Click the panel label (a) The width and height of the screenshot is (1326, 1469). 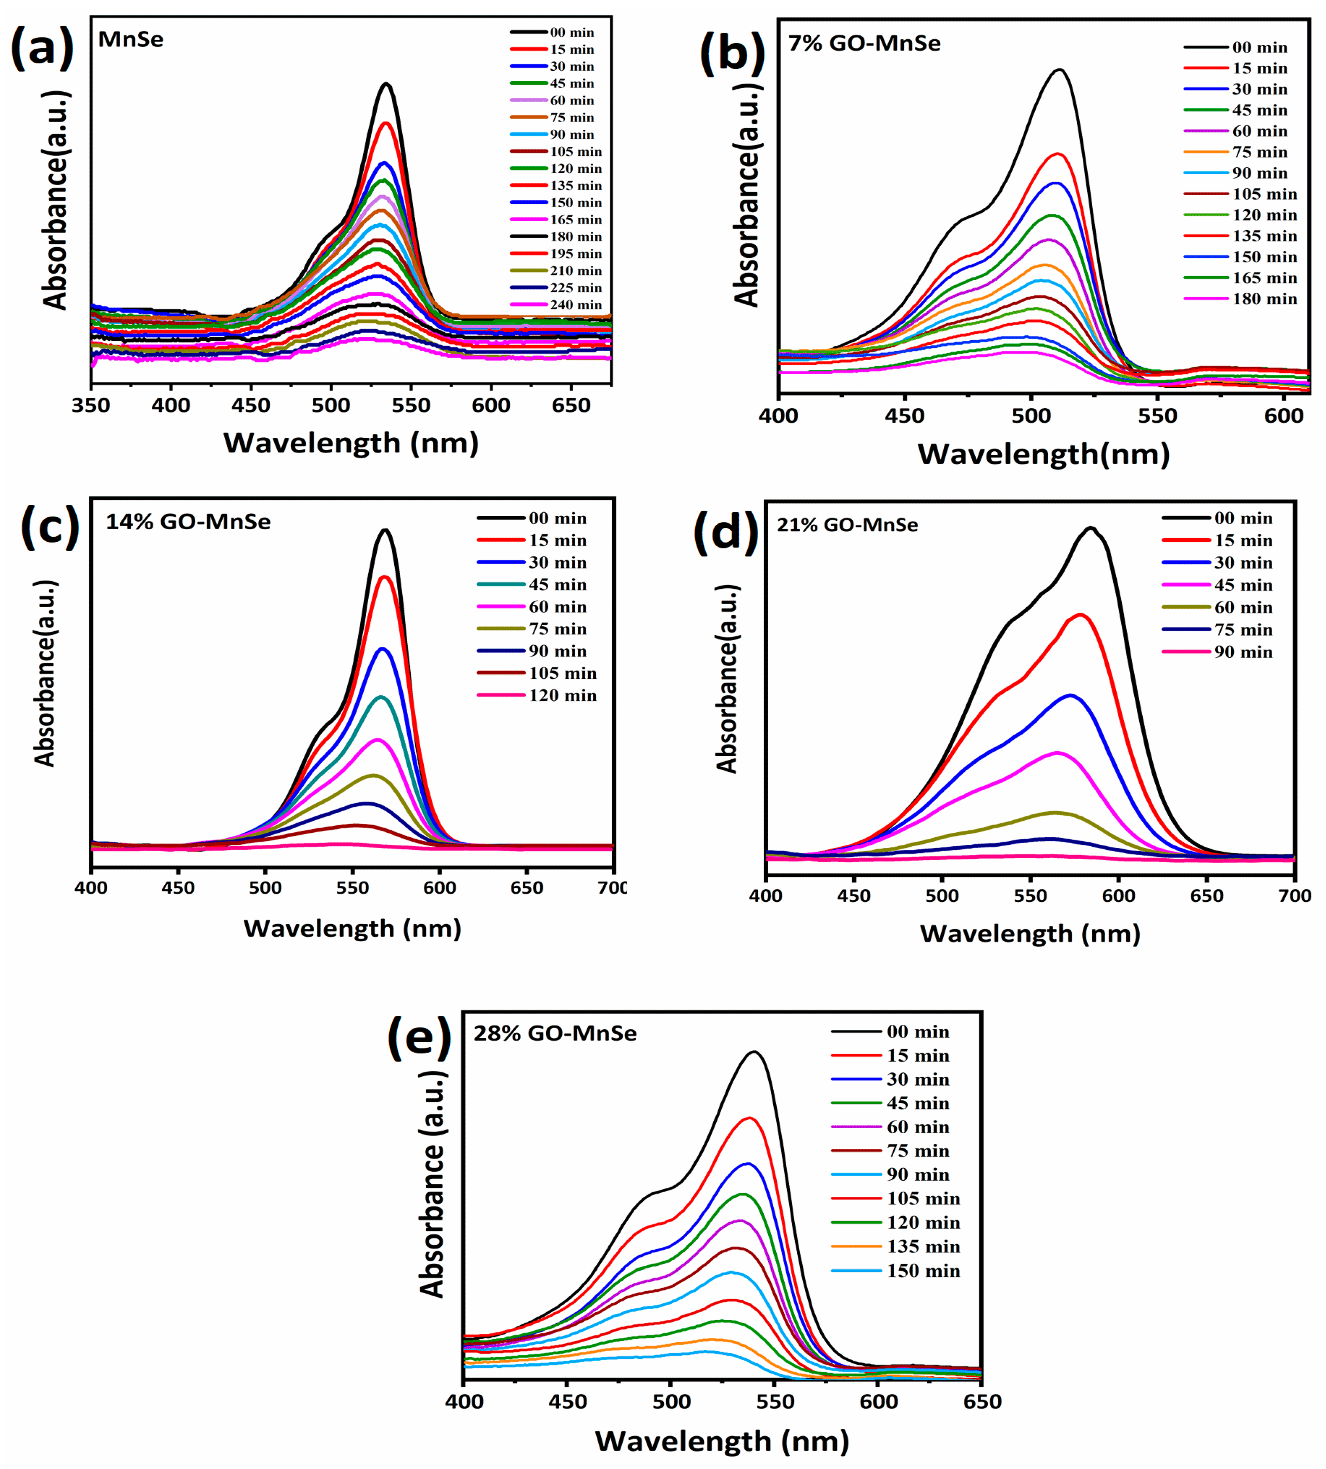[42, 48]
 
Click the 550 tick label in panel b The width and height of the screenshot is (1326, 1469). [1157, 416]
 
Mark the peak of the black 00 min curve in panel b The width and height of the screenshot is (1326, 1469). [1060, 70]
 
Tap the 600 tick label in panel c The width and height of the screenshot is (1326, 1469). [439, 888]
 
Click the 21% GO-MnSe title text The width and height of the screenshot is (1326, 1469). [847, 525]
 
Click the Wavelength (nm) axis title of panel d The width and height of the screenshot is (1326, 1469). [1029, 934]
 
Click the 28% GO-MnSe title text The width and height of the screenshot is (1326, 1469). [555, 1033]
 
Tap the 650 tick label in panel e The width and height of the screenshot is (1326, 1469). [982, 1402]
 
